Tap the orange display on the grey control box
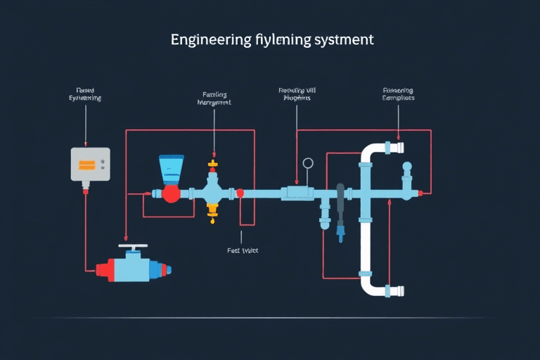(87, 165)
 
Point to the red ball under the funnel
(171, 194)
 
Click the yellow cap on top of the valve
(212, 167)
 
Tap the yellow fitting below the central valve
(212, 209)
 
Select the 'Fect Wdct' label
(243, 250)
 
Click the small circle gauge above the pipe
(307, 164)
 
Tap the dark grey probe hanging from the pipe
(340, 204)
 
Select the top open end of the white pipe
(397, 148)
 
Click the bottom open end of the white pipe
(397, 290)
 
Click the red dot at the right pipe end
(420, 192)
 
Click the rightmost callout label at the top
(398, 94)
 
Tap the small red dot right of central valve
(240, 193)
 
